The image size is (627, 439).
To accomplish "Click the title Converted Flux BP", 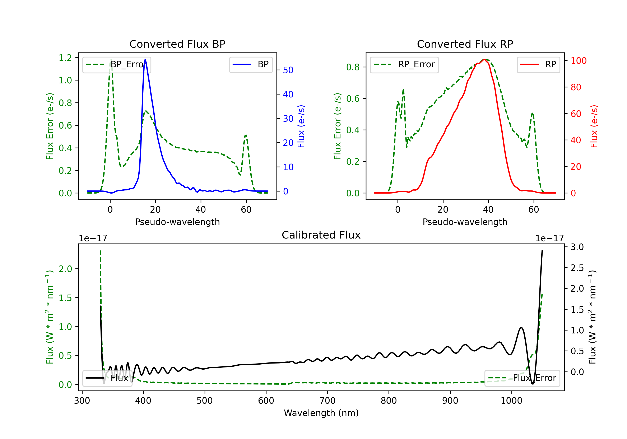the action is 177,44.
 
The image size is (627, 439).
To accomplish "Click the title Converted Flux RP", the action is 465,44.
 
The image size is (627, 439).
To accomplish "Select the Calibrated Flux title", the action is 321,235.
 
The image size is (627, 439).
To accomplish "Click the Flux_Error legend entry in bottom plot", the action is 522,378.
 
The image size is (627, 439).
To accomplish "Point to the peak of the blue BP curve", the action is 145,59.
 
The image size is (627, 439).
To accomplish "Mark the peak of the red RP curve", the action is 484,59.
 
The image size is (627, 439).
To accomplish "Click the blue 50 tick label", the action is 288,70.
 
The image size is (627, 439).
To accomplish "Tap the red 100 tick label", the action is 579,61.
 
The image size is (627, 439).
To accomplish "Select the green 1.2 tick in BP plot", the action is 65,58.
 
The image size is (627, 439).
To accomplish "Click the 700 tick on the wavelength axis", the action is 328,401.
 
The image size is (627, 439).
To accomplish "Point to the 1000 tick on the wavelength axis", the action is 511,401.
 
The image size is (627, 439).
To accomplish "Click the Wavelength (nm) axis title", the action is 321,413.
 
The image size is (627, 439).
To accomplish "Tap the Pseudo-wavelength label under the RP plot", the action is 465,222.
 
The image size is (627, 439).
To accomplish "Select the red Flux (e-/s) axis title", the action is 594,126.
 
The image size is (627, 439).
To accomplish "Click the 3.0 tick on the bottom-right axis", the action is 577,247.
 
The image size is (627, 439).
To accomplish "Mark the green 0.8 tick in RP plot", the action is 353,67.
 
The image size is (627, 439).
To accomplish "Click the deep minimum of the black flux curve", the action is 533,384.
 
